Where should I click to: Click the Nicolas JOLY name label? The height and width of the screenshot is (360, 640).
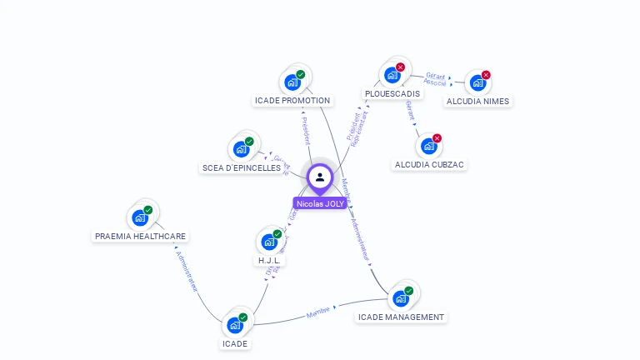[320, 203]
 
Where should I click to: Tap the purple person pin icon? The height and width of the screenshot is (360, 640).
[320, 177]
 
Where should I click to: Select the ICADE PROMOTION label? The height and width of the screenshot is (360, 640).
[292, 101]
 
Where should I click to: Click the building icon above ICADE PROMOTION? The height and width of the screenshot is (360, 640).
[292, 82]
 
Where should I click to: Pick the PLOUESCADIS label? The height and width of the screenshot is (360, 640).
[392, 93]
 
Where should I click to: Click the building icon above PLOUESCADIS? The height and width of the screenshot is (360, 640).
[392, 75]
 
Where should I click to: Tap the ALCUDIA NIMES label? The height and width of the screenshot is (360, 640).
[477, 101]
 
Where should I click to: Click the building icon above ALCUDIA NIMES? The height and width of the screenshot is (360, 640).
[477, 82]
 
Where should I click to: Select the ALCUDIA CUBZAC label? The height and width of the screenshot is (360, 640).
[429, 164]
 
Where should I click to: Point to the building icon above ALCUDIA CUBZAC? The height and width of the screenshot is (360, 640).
[429, 147]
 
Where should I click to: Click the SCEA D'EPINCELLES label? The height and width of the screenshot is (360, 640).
[242, 167]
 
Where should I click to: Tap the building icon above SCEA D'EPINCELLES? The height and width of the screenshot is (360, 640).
[242, 149]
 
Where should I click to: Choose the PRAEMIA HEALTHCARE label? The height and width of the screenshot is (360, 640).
[140, 236]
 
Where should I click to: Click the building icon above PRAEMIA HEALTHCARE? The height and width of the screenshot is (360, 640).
[140, 217]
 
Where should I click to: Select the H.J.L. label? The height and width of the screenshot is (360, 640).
[270, 260]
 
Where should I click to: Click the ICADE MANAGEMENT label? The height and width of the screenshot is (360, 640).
[401, 317]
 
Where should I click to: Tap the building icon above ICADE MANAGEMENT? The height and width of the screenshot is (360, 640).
[401, 298]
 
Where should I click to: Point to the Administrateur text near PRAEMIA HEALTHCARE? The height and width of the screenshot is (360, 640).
[187, 270]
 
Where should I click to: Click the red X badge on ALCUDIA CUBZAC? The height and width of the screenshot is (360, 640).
[437, 138]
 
